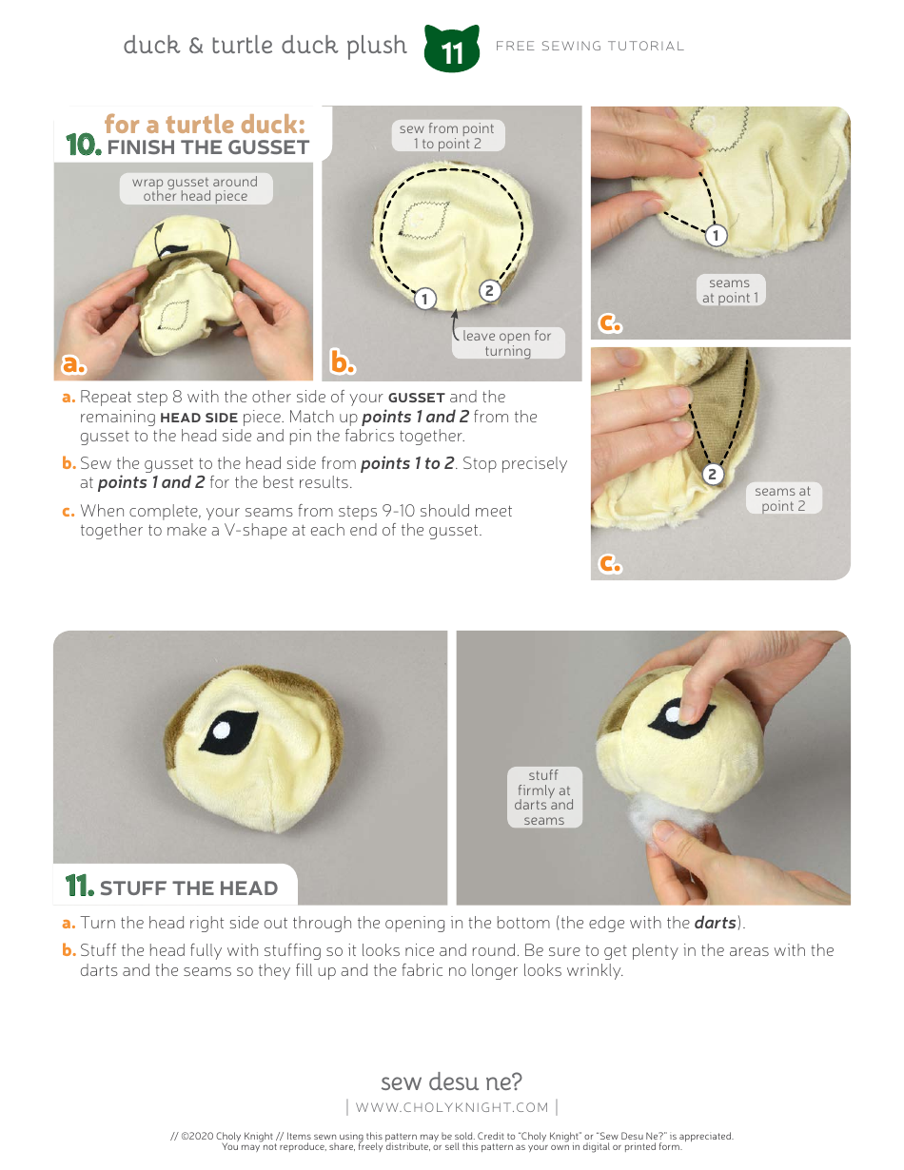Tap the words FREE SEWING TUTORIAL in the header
point(589,46)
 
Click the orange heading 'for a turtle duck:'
point(205,125)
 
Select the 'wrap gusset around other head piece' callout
point(195,188)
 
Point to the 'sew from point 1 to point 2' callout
point(446,135)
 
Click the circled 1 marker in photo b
point(424,299)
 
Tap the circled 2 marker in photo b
point(489,291)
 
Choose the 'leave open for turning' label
point(507,343)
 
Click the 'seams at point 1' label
point(730,290)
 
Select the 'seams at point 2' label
point(783,498)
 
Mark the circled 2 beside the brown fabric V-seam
point(712,474)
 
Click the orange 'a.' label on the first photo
point(73,363)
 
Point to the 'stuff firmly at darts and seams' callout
point(543,797)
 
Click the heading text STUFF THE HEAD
point(188,888)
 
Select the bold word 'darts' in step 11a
point(716,923)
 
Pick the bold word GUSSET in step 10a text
point(416,398)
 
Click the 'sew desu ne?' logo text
point(451,1082)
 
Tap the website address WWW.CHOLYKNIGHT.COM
point(452,1106)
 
